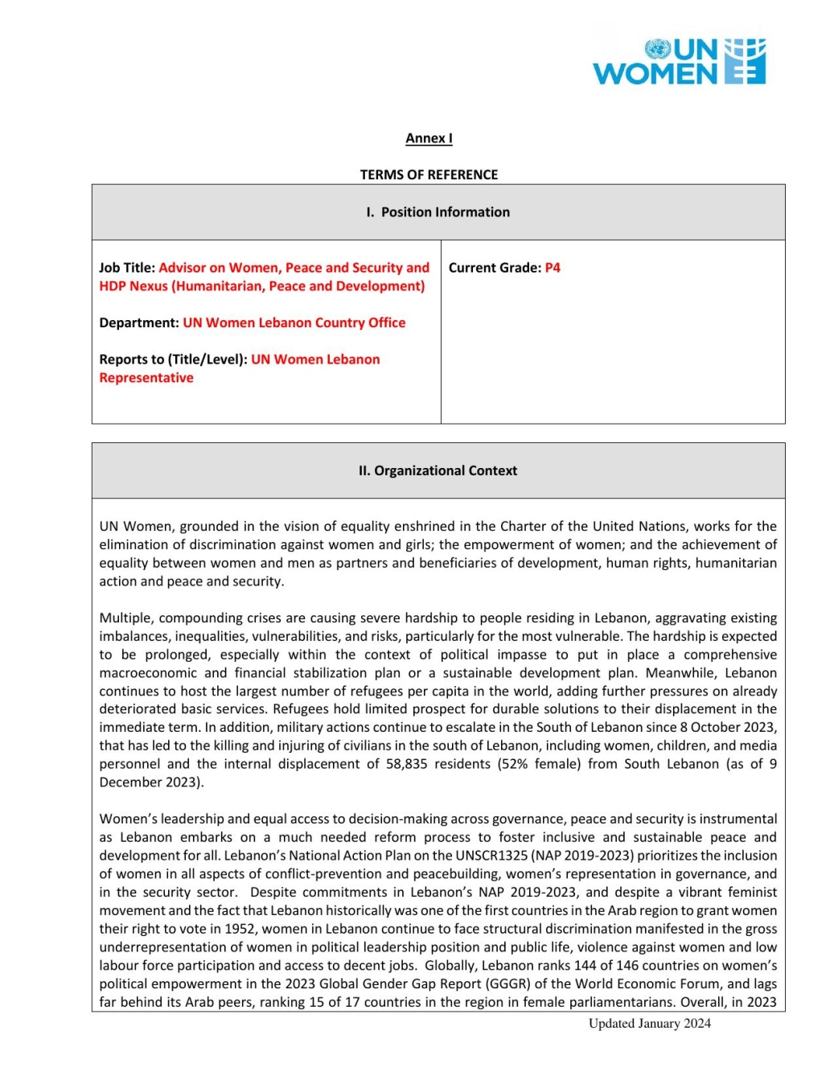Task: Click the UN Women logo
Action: coord(680,62)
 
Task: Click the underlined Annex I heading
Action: coord(429,138)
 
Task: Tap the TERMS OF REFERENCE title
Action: coord(429,175)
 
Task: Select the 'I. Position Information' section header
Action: coord(438,212)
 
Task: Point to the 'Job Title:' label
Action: coord(127,268)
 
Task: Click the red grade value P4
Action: coord(553,268)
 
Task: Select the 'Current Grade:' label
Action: coord(495,268)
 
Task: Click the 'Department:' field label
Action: coord(139,322)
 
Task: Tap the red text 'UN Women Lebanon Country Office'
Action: coord(294,322)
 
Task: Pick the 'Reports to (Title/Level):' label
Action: coord(173,359)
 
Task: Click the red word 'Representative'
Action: coord(146,378)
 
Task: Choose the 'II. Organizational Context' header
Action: coord(438,471)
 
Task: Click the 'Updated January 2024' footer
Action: coord(649,1024)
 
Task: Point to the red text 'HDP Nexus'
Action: coord(134,286)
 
